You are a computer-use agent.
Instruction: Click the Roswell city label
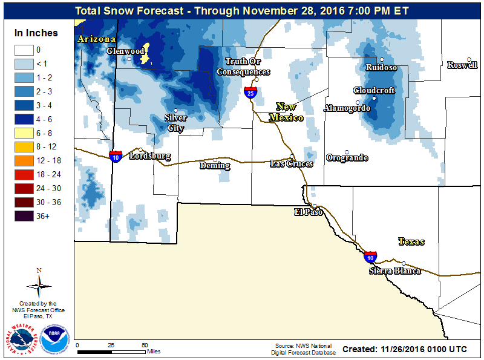[x=462, y=65]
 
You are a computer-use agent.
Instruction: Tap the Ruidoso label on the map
[x=381, y=68]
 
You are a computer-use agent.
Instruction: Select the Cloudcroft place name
[x=374, y=91]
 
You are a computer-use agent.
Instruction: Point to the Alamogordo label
[x=347, y=108]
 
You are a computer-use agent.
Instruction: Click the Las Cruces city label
[x=291, y=164]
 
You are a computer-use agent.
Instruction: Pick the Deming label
[x=215, y=166]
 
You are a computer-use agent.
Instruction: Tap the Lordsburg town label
[x=150, y=156]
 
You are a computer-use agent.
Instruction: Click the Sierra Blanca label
[x=394, y=270]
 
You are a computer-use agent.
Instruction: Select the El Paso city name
[x=309, y=212]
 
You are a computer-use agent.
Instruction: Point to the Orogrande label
[x=347, y=158]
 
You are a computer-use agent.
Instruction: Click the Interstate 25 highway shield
[x=250, y=93]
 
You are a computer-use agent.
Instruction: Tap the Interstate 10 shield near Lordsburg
[x=116, y=157]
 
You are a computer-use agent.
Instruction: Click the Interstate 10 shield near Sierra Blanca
[x=370, y=257]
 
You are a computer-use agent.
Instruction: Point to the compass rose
[x=39, y=284]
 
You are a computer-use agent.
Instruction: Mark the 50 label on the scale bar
[x=145, y=345]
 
